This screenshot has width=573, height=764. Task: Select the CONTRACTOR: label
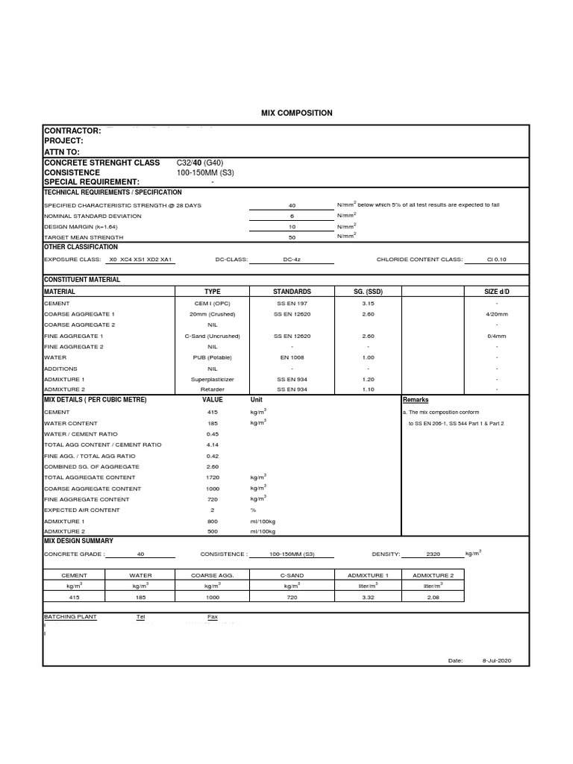pyautogui.click(x=72, y=131)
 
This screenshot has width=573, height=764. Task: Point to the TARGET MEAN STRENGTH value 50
pyautogui.click(x=292, y=237)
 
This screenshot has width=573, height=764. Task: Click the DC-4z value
pyautogui.click(x=292, y=260)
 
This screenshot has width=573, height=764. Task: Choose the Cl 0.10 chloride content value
pyautogui.click(x=496, y=260)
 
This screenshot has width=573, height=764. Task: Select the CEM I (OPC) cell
pyautogui.click(x=213, y=304)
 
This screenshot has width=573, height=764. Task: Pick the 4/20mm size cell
pyautogui.click(x=496, y=314)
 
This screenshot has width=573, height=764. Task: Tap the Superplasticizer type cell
pyautogui.click(x=213, y=379)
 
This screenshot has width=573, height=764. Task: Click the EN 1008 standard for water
pyautogui.click(x=292, y=358)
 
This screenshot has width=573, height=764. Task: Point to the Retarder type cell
pyautogui.click(x=213, y=389)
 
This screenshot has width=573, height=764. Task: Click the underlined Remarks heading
pyautogui.click(x=416, y=401)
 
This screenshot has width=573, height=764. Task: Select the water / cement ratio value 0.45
pyautogui.click(x=213, y=433)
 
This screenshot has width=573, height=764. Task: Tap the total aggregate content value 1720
pyautogui.click(x=213, y=477)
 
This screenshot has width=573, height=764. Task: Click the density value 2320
pyautogui.click(x=433, y=554)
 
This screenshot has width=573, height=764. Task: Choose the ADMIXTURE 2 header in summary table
pyautogui.click(x=432, y=576)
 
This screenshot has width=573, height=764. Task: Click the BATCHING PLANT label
pyautogui.click(x=70, y=617)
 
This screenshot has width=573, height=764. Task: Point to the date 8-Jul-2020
pyautogui.click(x=496, y=661)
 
